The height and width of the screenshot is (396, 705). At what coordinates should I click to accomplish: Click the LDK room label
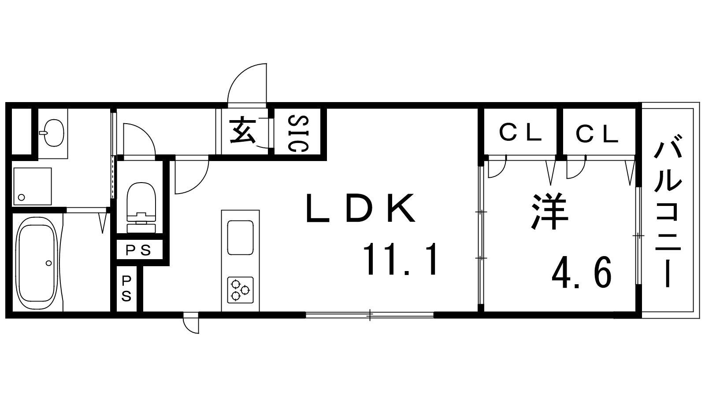[360, 208]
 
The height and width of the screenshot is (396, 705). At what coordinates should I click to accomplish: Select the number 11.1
[401, 260]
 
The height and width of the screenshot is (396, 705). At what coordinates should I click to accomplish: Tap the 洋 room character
[550, 213]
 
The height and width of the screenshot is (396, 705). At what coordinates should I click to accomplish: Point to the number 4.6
[582, 272]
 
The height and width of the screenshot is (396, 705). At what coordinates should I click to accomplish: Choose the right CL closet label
[597, 133]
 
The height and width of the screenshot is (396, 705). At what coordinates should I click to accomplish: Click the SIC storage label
[298, 133]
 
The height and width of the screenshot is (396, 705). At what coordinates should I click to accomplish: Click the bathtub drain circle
[48, 263]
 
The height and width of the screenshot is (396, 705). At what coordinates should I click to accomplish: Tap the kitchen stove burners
[240, 290]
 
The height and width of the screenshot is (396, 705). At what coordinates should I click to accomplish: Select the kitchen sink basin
[240, 238]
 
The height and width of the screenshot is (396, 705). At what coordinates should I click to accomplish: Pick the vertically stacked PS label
[126, 289]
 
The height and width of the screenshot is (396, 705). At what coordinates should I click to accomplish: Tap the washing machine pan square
[32, 186]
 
